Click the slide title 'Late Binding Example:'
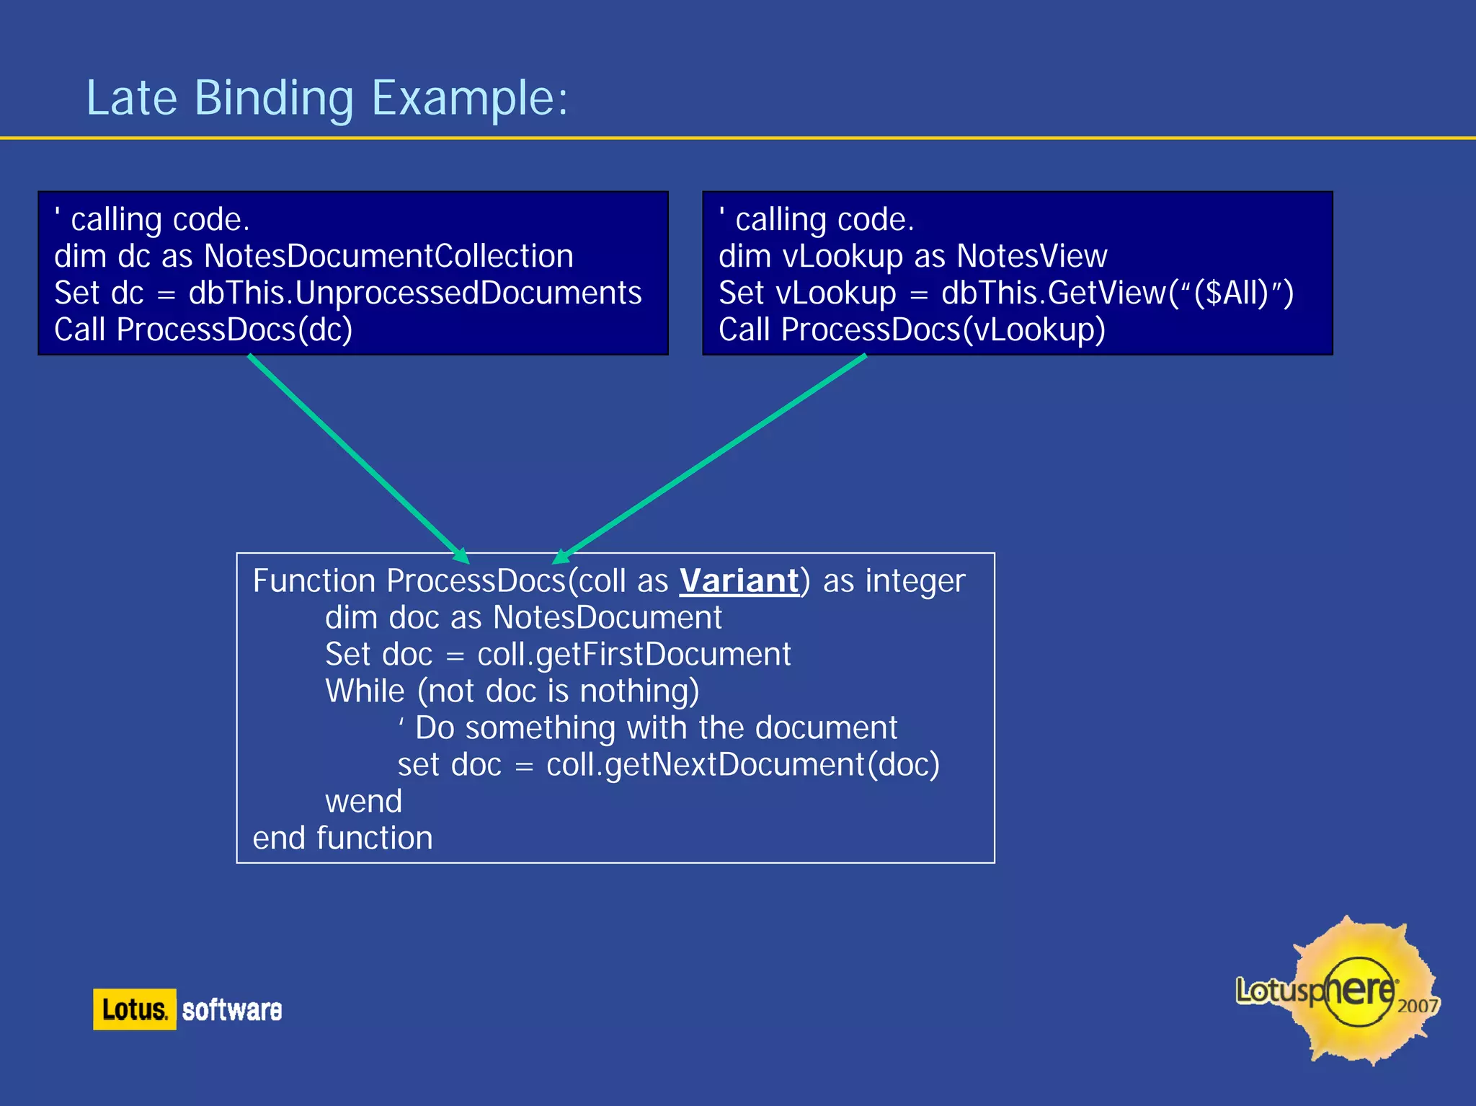coord(326,98)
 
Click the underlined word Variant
coord(739,581)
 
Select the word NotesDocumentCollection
coord(388,257)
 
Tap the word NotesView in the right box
coord(1031,257)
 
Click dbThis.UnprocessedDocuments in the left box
coord(414,293)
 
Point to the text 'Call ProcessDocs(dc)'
coord(203,330)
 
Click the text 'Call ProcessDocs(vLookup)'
coord(912,330)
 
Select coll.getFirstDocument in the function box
coord(633,655)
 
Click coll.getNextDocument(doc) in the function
coord(742,765)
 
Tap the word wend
coord(363,802)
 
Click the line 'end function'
coord(342,839)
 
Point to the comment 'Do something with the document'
coord(656,728)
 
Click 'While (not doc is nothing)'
coord(512,691)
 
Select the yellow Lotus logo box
coord(134,1009)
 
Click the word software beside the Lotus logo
coord(231,1010)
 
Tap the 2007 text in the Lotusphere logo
coord(1417,1006)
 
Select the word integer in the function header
coord(915,581)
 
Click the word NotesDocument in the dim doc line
coord(607,618)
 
